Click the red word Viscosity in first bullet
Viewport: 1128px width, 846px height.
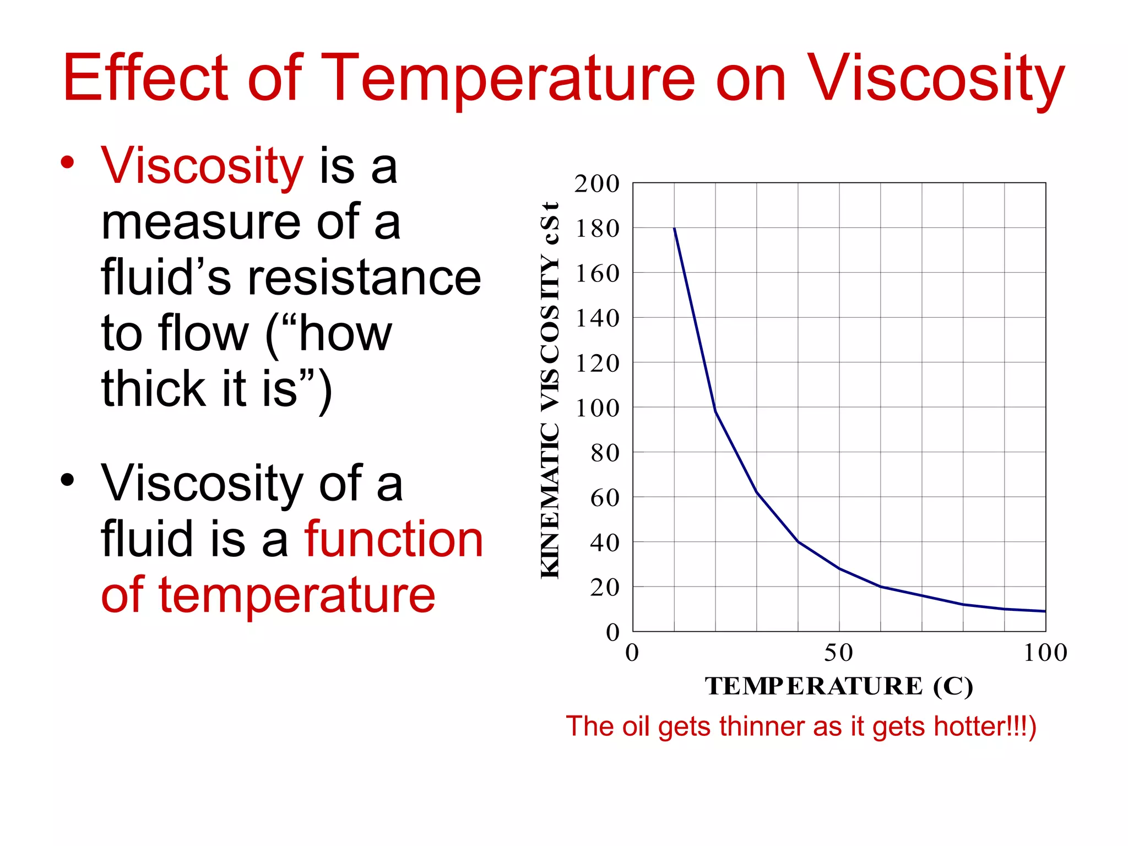pyautogui.click(x=202, y=166)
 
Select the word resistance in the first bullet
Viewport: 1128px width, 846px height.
pyautogui.click(x=364, y=278)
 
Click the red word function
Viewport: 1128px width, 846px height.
pyautogui.click(x=394, y=540)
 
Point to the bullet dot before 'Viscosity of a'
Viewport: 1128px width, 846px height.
pyautogui.click(x=67, y=480)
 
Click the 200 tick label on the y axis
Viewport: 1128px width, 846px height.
pyautogui.click(x=597, y=184)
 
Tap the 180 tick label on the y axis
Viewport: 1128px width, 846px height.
pyautogui.click(x=598, y=229)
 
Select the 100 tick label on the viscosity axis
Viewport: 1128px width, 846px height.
pyautogui.click(x=598, y=408)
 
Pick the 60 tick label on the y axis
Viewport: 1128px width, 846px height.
pyautogui.click(x=605, y=498)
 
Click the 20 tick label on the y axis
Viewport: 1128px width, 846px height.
pyautogui.click(x=605, y=588)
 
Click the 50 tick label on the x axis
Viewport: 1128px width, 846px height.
pyautogui.click(x=838, y=653)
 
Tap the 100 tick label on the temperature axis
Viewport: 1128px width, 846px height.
pyautogui.click(x=1045, y=653)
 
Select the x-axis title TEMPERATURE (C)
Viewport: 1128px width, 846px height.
pyautogui.click(x=838, y=686)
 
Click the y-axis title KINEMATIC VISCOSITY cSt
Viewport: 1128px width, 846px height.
pyautogui.click(x=550, y=390)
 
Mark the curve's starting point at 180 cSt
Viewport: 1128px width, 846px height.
pyautogui.click(x=675, y=229)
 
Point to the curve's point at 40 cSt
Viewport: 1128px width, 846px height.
pyautogui.click(x=798, y=542)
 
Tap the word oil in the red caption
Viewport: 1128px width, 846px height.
pyautogui.click(x=636, y=726)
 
